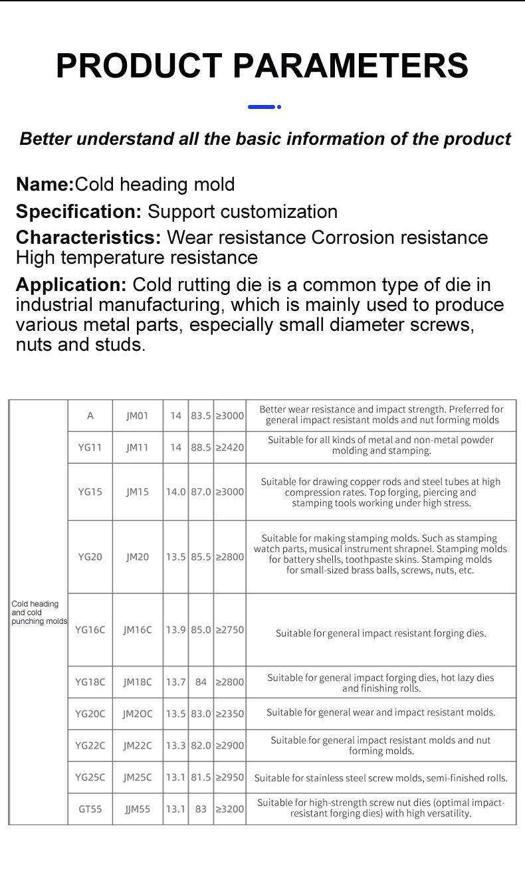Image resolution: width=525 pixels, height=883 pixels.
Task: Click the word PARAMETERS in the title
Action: coord(351,66)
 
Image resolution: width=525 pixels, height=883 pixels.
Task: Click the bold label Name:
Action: coord(45,184)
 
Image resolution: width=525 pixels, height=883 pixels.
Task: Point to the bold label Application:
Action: coord(71,285)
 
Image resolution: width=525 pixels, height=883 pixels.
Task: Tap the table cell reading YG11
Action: coord(90,447)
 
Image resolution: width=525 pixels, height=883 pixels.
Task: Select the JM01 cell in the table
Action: coord(138,415)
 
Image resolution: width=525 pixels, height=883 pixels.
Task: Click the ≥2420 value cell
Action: coord(230,447)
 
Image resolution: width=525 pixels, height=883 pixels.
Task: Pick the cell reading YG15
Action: coord(90,492)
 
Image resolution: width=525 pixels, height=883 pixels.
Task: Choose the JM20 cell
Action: coord(138,557)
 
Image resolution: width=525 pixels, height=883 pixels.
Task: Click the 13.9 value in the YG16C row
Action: coord(175,630)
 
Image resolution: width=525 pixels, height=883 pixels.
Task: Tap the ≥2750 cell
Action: coord(230,630)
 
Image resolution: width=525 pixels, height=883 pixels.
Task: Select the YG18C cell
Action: coord(90,682)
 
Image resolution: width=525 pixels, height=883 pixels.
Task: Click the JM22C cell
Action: coord(138,745)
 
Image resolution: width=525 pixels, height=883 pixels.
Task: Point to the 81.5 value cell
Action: coord(201,777)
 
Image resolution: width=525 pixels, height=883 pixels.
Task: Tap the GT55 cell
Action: coord(90,809)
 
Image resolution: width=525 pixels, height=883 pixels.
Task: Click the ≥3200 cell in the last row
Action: coord(230,809)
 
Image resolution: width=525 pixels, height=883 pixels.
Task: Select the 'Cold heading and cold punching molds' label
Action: coord(39,613)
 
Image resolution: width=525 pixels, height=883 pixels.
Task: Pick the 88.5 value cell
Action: coord(201,447)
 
